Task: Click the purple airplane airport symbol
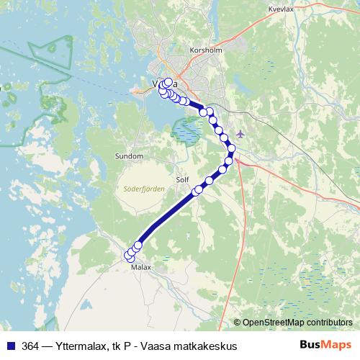(240, 133)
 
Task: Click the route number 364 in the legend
(31, 346)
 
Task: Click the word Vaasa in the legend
(162, 346)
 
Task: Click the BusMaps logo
(325, 345)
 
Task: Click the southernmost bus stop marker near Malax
(129, 256)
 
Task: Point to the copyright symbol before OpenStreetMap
(237, 323)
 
